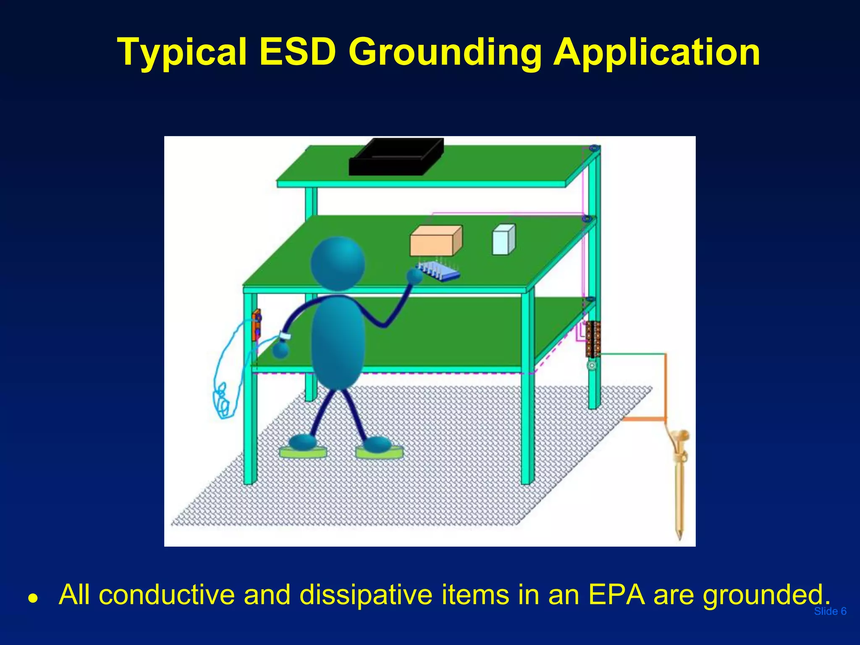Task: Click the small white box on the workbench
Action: (503, 240)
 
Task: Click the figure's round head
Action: (338, 264)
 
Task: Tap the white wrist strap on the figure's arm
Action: (285, 336)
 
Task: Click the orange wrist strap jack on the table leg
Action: (256, 325)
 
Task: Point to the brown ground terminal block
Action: (593, 338)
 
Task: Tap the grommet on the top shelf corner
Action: (593, 148)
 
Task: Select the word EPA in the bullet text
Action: (616, 595)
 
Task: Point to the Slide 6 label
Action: (830, 611)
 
